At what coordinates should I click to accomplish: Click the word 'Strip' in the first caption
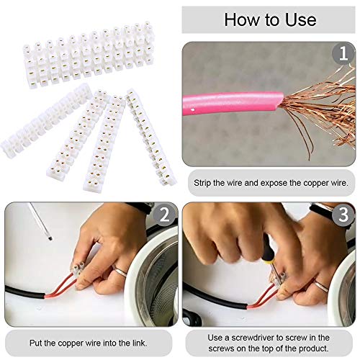coord(205,183)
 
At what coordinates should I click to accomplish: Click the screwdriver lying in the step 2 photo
coord(36,220)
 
